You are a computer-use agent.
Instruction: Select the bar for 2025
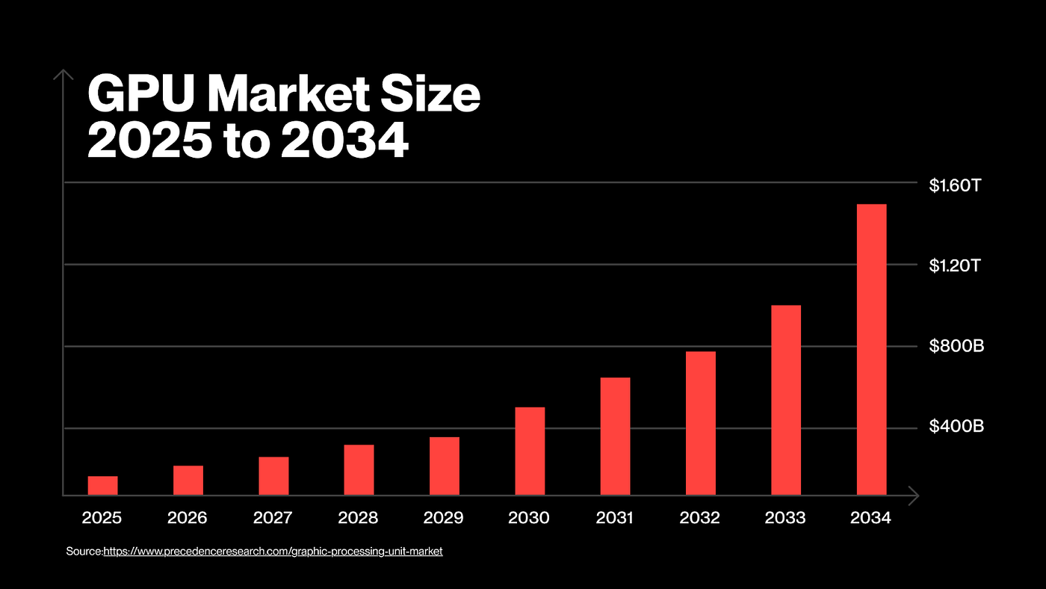click(102, 485)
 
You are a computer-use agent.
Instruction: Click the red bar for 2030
click(530, 451)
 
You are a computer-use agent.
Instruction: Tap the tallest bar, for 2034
click(871, 349)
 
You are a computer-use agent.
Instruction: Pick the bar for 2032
click(701, 423)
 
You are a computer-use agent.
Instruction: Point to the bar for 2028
click(359, 469)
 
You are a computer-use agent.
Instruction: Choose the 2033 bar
click(786, 400)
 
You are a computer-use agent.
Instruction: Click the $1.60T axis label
click(954, 185)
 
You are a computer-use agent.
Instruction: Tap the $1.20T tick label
click(954, 266)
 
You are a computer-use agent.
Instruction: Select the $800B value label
click(956, 347)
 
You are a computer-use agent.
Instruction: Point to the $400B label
click(956, 427)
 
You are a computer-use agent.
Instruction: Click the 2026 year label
click(188, 517)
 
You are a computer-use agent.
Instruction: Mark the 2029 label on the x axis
click(444, 517)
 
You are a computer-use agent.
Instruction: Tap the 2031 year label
click(615, 517)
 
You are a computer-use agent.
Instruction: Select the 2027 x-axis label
click(273, 517)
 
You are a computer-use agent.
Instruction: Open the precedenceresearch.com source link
click(273, 552)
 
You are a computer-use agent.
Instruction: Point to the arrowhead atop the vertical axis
click(64, 74)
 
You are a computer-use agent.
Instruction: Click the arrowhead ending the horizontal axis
click(913, 495)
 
